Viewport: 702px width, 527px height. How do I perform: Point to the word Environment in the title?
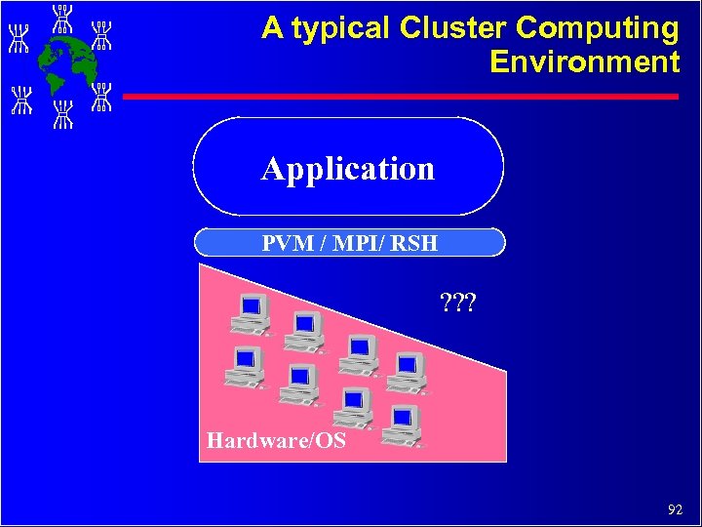pos(584,62)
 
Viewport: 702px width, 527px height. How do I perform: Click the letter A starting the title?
pos(272,29)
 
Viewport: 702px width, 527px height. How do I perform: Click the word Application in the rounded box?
pos(348,169)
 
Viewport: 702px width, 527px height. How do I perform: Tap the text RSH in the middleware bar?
pos(415,242)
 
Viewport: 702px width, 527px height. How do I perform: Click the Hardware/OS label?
pos(276,440)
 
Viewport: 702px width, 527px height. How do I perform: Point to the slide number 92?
pos(675,508)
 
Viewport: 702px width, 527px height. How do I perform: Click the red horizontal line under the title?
pos(400,97)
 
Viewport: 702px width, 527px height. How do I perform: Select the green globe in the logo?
pos(62,63)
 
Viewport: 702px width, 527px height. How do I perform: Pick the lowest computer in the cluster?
pos(403,425)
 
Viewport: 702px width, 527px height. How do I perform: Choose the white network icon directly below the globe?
pos(63,113)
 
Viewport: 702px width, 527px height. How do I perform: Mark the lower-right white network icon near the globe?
pos(101,96)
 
